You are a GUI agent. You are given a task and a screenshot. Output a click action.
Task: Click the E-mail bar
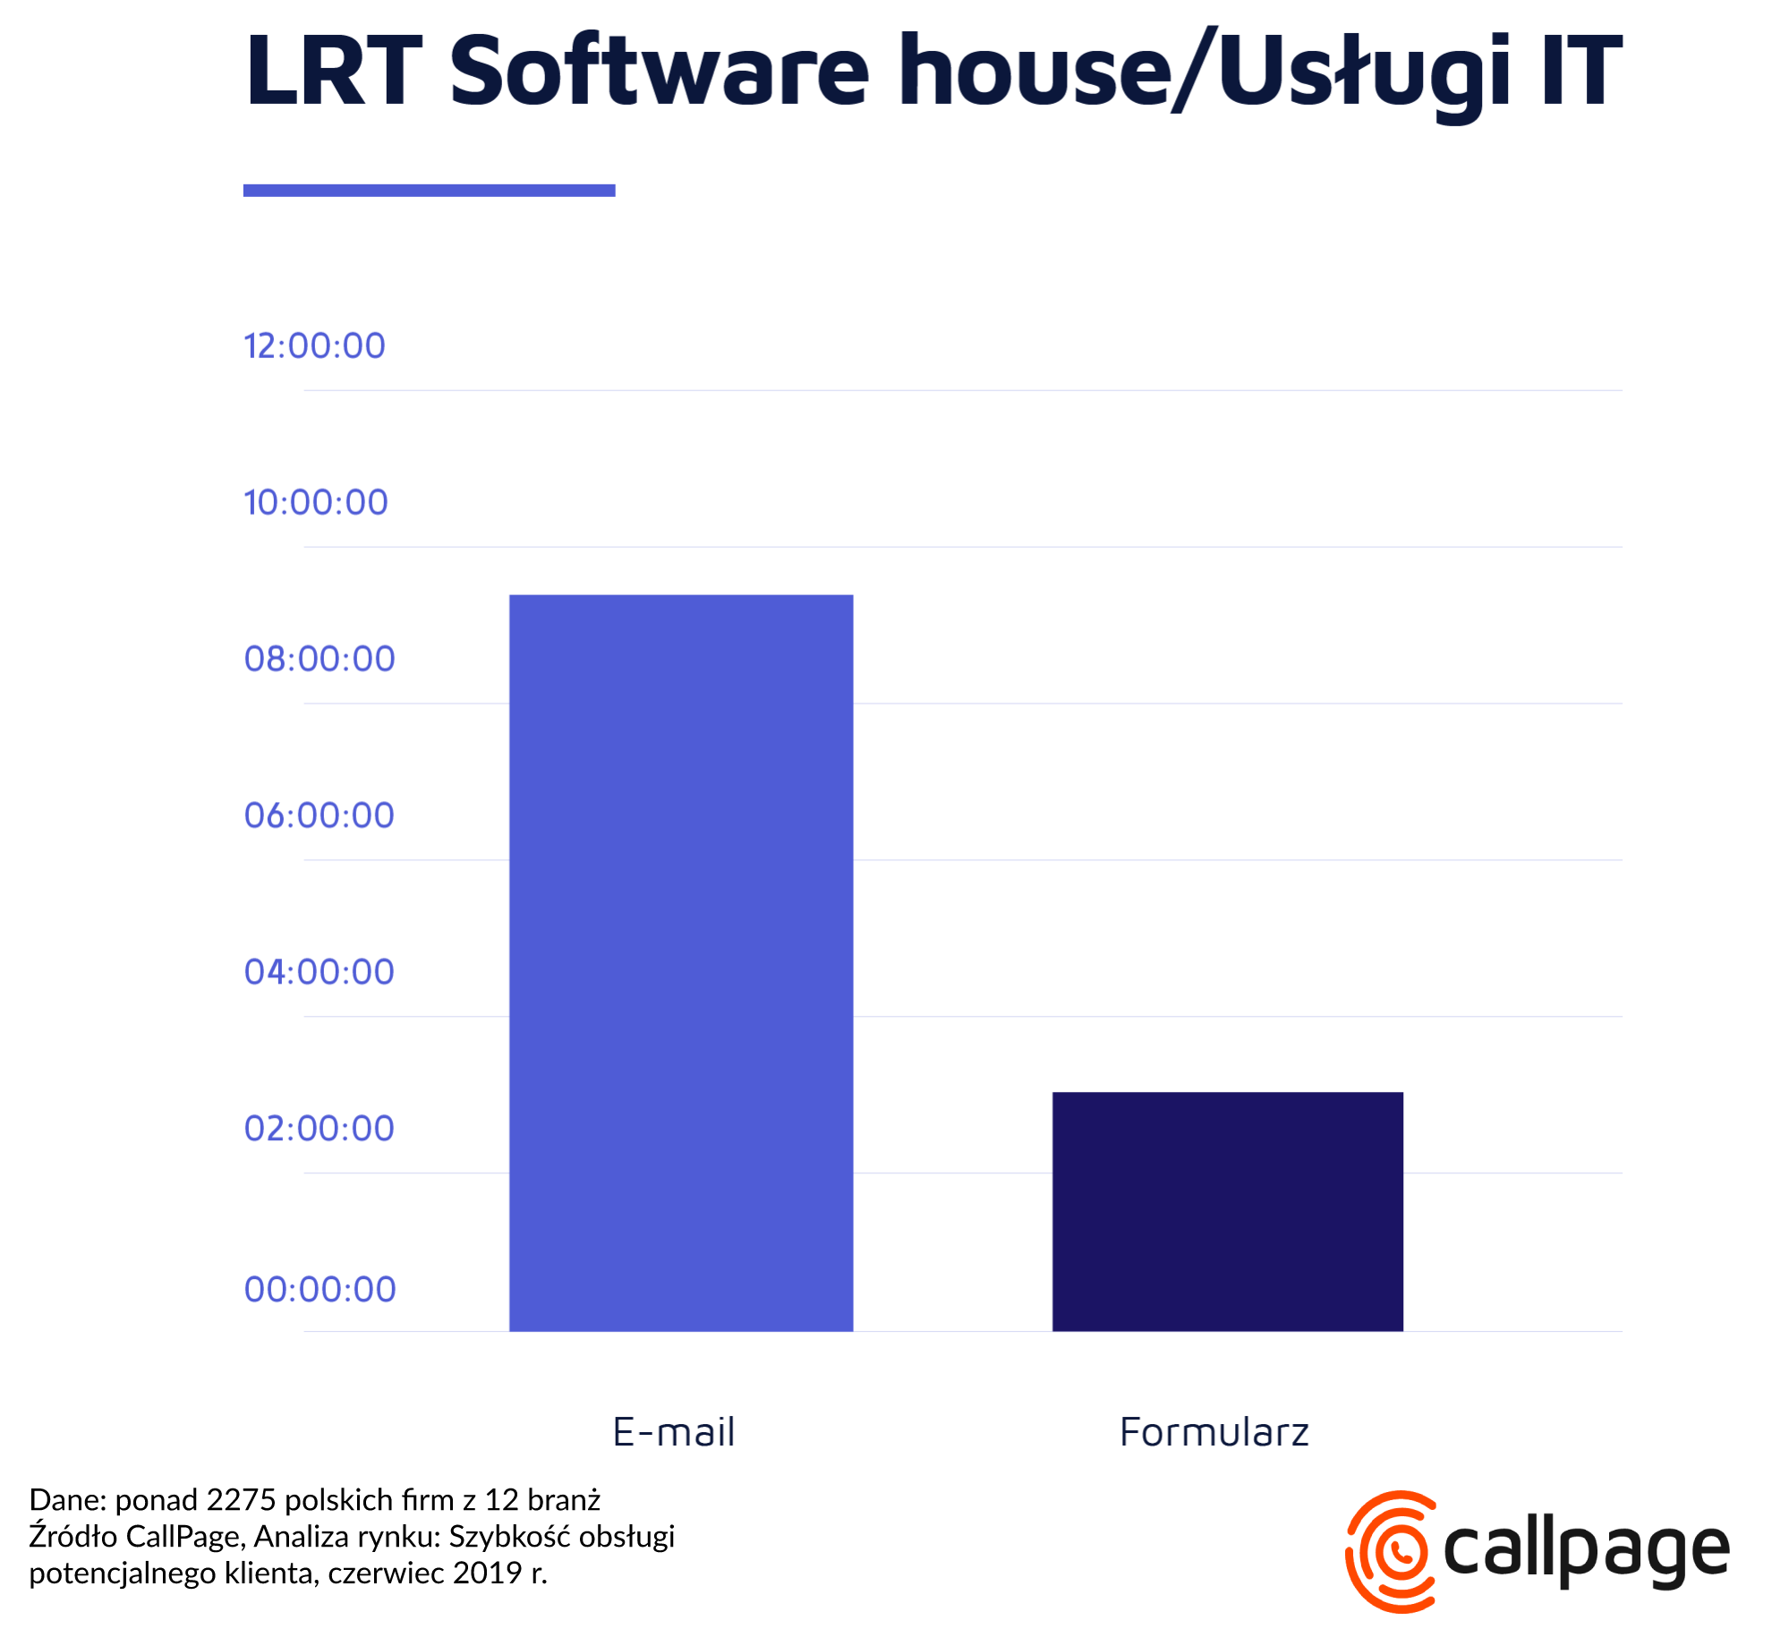(680, 962)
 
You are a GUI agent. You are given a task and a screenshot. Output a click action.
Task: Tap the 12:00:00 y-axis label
(314, 345)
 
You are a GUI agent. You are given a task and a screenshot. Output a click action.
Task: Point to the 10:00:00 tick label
(315, 502)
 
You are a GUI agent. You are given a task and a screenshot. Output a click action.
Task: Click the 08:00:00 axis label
(319, 659)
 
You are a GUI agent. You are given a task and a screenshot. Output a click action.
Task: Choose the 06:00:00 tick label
(319, 815)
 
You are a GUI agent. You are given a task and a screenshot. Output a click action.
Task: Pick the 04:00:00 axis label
(319, 972)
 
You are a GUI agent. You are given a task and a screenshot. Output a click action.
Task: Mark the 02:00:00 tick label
(319, 1129)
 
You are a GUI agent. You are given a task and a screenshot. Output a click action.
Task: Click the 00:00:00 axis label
(319, 1290)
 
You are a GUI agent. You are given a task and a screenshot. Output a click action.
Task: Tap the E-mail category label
(674, 1432)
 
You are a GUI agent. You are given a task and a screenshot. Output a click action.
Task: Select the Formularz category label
(1214, 1432)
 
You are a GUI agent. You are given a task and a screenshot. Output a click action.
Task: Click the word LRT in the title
(333, 70)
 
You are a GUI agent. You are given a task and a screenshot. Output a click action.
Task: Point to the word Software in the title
(658, 70)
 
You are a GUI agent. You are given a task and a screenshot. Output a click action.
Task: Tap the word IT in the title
(1581, 70)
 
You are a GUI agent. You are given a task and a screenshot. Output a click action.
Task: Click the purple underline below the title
(429, 190)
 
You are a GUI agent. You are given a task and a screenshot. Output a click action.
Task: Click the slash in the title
(1194, 70)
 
